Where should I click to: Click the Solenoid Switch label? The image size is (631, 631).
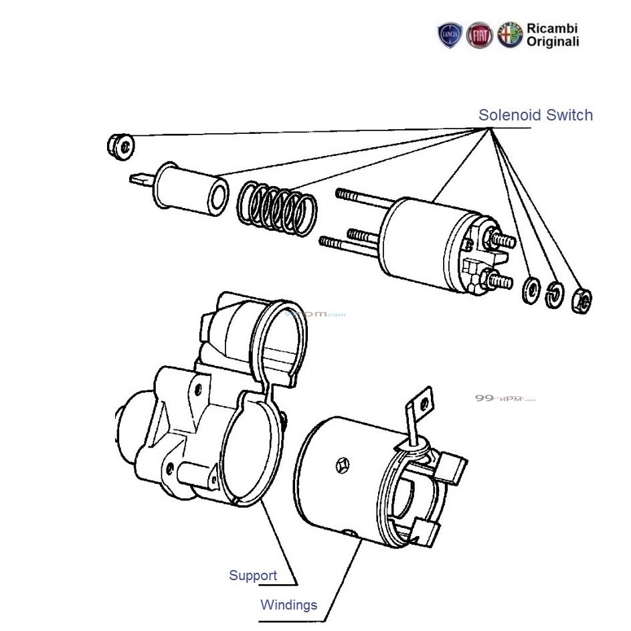pyautogui.click(x=535, y=115)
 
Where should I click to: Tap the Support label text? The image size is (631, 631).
pyautogui.click(x=252, y=575)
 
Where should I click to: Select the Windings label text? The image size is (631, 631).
pyautogui.click(x=288, y=605)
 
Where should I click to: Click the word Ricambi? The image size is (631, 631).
pyautogui.click(x=552, y=29)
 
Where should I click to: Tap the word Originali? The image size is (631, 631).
pyautogui.click(x=553, y=42)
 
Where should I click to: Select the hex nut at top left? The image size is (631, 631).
pyautogui.click(x=120, y=146)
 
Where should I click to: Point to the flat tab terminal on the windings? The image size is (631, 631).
pyautogui.click(x=420, y=405)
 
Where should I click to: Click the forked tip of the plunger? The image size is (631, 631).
pyautogui.click(x=139, y=179)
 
